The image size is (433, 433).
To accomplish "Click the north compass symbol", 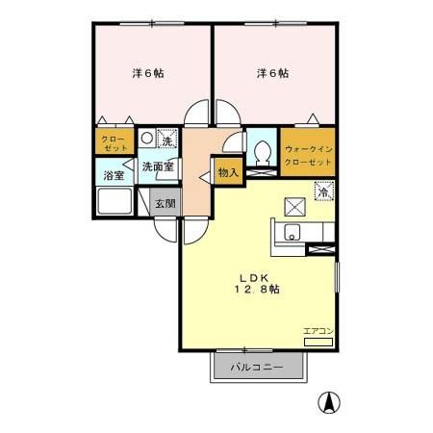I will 329,404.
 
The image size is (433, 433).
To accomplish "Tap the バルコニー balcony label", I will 256,368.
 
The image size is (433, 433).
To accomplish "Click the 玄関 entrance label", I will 165,204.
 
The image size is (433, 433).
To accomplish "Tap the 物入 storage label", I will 228,173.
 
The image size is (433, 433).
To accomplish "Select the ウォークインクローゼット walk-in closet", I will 308,156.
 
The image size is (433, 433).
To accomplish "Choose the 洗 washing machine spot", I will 167,140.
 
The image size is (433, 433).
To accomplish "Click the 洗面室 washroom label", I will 157,166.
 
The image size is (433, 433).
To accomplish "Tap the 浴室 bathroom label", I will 114,177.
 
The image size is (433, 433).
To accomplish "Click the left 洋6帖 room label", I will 146,73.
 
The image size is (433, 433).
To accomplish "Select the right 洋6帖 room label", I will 272,73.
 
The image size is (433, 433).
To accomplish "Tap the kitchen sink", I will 293,232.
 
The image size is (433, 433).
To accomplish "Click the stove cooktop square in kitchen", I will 294,205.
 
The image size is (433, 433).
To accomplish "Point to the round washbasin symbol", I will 146,138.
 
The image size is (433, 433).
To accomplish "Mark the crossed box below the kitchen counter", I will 319,250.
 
